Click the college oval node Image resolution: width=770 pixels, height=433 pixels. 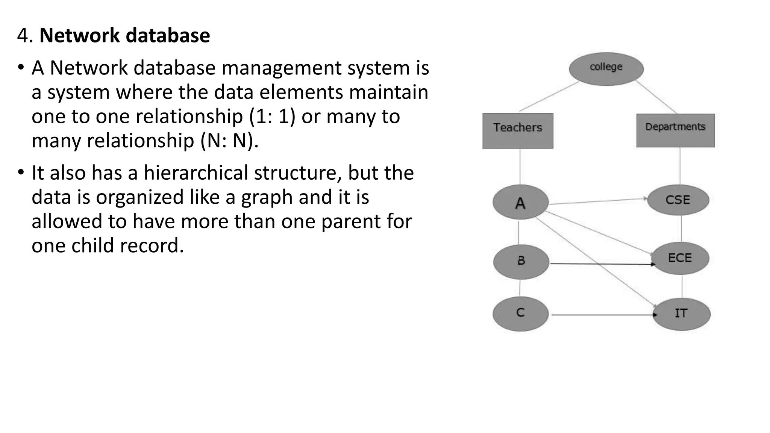(x=606, y=69)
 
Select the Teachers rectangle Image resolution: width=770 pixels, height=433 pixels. (x=518, y=130)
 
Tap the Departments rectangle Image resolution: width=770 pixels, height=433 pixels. (x=675, y=130)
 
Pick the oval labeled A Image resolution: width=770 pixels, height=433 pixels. (x=520, y=202)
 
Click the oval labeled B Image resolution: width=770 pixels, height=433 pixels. (x=521, y=262)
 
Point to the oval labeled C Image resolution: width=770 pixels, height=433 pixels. (x=520, y=314)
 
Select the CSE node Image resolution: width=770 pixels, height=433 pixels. (x=678, y=200)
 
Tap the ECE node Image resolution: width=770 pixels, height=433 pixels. (x=680, y=258)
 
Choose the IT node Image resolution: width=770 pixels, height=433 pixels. (x=681, y=314)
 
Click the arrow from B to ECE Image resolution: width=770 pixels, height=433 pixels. (x=602, y=264)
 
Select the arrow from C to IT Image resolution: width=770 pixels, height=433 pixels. (x=602, y=315)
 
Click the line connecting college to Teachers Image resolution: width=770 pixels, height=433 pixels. (x=549, y=97)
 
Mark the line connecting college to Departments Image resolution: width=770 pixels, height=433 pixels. (x=656, y=97)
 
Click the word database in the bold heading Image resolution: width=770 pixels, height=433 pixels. (x=168, y=36)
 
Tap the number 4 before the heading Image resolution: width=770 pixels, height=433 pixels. (x=23, y=36)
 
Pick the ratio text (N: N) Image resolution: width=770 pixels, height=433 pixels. (x=229, y=141)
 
